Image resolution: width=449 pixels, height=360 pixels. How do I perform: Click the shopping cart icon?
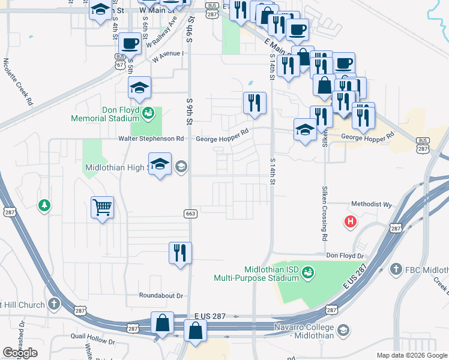(102, 208)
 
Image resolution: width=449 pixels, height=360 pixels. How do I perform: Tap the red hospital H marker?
(350, 222)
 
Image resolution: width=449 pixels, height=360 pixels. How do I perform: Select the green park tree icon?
(44, 206)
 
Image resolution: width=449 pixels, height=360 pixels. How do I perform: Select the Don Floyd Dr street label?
(345, 256)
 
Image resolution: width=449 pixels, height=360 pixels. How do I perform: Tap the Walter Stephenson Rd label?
(151, 139)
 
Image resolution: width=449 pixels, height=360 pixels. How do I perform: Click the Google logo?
(20, 353)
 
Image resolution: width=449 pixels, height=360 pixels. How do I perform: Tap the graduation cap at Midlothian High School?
(160, 163)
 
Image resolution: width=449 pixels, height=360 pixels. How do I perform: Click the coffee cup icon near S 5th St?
(130, 43)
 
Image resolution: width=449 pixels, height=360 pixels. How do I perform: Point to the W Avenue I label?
(167, 57)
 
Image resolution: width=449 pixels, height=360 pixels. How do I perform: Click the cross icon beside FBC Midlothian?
(395, 270)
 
